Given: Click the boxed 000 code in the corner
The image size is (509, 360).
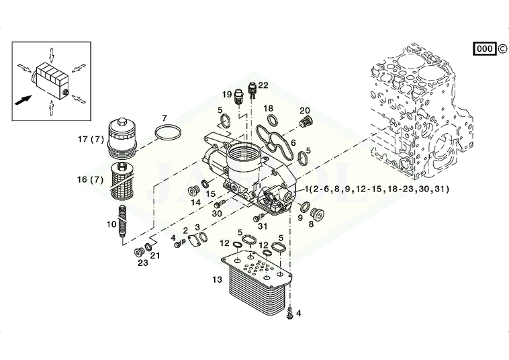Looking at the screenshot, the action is pos(485,48).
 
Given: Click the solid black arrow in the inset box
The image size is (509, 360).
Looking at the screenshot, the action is pos(24,100).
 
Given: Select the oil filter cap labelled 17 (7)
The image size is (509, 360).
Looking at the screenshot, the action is pos(122,138).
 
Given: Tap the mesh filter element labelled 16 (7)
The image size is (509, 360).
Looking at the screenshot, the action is pos(121,181).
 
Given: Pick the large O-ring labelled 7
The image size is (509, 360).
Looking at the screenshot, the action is pos(168,132).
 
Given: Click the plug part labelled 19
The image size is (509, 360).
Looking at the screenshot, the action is pos(239,96).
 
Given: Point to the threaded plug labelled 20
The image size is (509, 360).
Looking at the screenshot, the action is pos(305,122).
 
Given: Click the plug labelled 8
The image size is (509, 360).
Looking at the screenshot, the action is pos(317,214).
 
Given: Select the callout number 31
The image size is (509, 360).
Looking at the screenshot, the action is pos(262,226).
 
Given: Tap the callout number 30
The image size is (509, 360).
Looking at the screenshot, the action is pos(217,214).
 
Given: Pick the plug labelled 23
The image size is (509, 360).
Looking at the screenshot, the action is pos(140,253).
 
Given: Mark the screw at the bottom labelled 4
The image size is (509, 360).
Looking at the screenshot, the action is pos(290,312).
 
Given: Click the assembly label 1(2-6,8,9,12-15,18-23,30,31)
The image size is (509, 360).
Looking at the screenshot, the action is pos(377,189).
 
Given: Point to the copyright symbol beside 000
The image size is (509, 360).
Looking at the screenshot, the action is pos(502,48).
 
